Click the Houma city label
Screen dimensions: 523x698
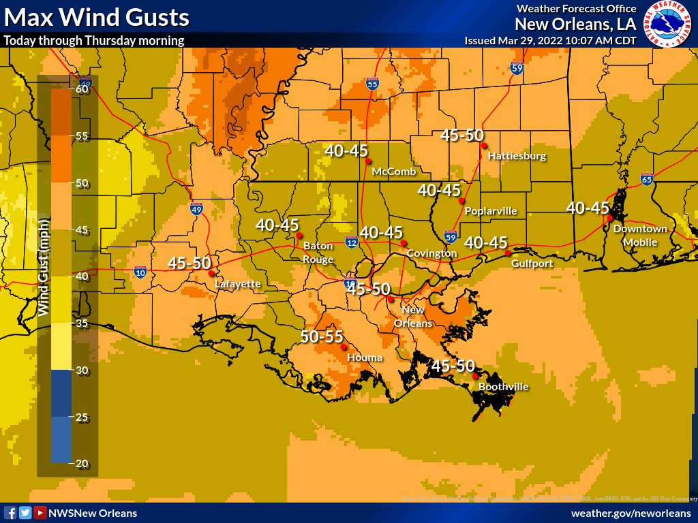[x=365, y=358]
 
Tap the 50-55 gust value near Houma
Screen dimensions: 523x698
[x=322, y=336]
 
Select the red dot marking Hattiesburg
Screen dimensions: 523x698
[x=483, y=145]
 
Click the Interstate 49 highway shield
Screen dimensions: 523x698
[x=196, y=208]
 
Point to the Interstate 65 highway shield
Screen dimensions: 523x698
[x=646, y=180]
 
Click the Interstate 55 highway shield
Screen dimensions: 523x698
[x=372, y=84]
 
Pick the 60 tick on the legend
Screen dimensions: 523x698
[x=83, y=89]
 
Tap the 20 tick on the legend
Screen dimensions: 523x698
[x=83, y=464]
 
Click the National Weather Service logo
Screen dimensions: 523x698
[x=667, y=24]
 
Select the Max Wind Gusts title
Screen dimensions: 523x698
[x=97, y=17]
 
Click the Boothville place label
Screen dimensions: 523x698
[x=503, y=387]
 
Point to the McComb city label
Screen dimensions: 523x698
[x=393, y=172]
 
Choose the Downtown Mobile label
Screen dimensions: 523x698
[x=640, y=236]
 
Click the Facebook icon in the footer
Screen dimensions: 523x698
[x=10, y=513]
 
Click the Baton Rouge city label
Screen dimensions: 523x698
[x=318, y=253]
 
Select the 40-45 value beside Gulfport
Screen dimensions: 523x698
[x=486, y=242]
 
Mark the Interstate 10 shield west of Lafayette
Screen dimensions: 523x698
[x=140, y=272]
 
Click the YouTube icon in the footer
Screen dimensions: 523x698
[x=40, y=513]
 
